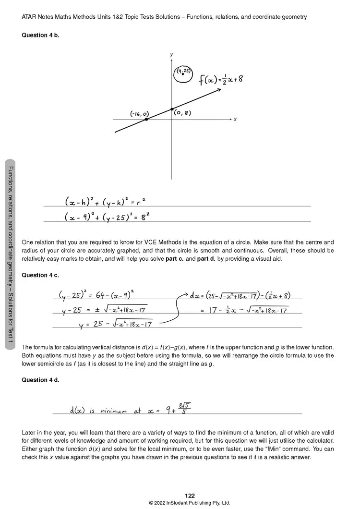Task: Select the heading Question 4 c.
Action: tap(40, 275)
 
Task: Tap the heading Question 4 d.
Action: tap(40, 380)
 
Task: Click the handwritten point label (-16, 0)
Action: tap(139, 114)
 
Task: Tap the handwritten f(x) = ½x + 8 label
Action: tap(221, 80)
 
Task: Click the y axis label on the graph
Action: tap(171, 55)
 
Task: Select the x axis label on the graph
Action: tap(235, 119)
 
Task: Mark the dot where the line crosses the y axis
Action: tap(172, 109)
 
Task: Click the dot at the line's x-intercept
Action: tap(146, 119)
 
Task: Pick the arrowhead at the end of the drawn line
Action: tap(218, 89)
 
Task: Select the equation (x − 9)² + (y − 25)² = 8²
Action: tap(108, 217)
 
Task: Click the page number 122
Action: tap(190, 496)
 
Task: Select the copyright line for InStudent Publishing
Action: tap(190, 503)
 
